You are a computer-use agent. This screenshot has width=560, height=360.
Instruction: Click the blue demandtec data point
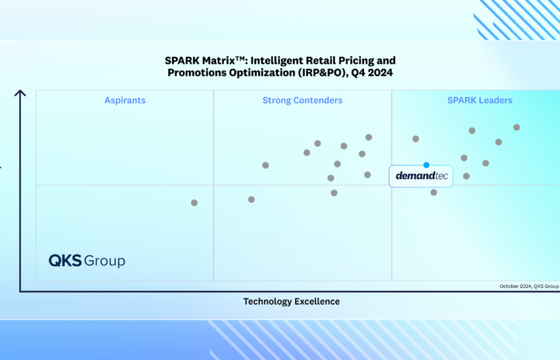426,165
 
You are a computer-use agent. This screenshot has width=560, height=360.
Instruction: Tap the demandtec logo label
421,176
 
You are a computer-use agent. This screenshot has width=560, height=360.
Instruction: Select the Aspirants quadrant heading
125,101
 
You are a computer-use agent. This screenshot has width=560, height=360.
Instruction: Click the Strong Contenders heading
302,101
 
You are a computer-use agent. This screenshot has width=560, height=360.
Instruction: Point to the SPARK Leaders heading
480,101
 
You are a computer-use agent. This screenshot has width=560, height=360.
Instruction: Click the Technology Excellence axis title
291,302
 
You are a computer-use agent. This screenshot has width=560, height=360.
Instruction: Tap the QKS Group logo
86,261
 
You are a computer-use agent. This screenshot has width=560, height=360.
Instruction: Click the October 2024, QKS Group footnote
529,286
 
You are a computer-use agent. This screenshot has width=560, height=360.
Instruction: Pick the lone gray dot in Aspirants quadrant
194,203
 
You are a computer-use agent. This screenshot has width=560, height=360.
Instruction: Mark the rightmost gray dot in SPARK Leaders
517,127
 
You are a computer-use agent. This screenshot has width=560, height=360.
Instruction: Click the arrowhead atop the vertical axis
20,93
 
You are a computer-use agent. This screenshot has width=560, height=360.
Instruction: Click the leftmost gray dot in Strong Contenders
251,199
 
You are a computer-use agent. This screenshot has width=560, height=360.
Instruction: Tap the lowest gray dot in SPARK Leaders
434,192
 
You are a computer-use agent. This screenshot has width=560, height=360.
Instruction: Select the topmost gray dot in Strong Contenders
369,137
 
